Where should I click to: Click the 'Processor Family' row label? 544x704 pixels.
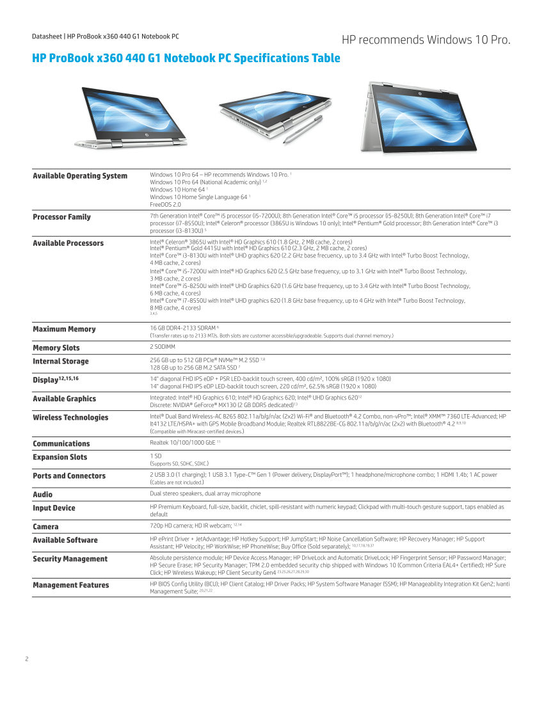click(x=61, y=217)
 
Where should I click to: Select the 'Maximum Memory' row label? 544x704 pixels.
click(x=64, y=329)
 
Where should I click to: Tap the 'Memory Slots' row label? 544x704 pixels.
click(x=56, y=348)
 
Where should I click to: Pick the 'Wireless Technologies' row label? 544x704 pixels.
click(x=70, y=417)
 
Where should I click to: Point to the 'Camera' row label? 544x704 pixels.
click(x=45, y=527)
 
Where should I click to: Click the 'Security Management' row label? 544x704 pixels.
click(x=70, y=559)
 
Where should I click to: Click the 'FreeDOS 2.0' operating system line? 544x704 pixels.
click(x=165, y=204)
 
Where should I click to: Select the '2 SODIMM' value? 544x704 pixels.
click(x=164, y=347)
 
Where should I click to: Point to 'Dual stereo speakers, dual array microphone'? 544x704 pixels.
click(x=205, y=493)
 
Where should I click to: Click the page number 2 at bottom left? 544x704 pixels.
click(x=27, y=659)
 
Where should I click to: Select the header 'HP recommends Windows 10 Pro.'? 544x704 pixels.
click(x=426, y=40)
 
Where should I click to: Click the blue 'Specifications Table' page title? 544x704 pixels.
click(x=186, y=58)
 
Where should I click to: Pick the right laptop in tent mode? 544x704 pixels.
click(x=419, y=118)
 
